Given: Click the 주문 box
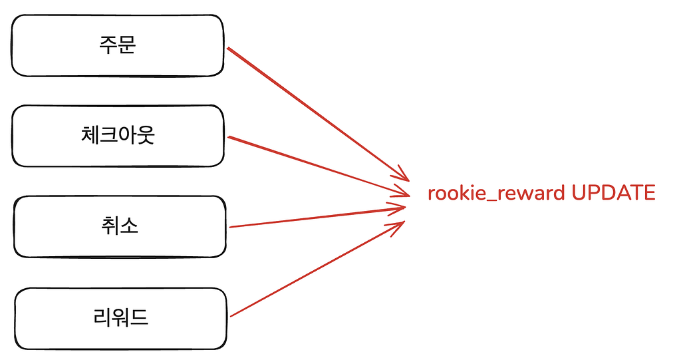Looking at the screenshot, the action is coord(118,46).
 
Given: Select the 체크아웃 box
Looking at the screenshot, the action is coord(118,136).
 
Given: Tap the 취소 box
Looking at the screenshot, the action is coord(120,226).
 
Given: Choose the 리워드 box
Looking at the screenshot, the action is coord(121,318).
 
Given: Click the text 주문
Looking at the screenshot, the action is coord(118,45).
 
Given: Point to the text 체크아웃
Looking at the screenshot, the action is coord(118,135).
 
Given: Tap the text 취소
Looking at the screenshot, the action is coord(120,226).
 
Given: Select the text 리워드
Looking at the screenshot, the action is coord(121,317).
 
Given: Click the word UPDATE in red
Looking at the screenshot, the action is coord(613,192).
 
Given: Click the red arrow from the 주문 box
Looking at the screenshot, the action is coord(319,114).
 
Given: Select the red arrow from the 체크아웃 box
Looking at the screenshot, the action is coord(319,166).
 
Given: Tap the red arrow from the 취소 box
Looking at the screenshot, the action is coord(317,217).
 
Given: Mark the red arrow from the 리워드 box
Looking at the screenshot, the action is coord(317,269).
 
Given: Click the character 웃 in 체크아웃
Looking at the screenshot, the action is coord(146,135).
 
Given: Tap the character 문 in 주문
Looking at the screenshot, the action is coord(127,45).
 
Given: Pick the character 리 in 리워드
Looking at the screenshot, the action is coord(102,317).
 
